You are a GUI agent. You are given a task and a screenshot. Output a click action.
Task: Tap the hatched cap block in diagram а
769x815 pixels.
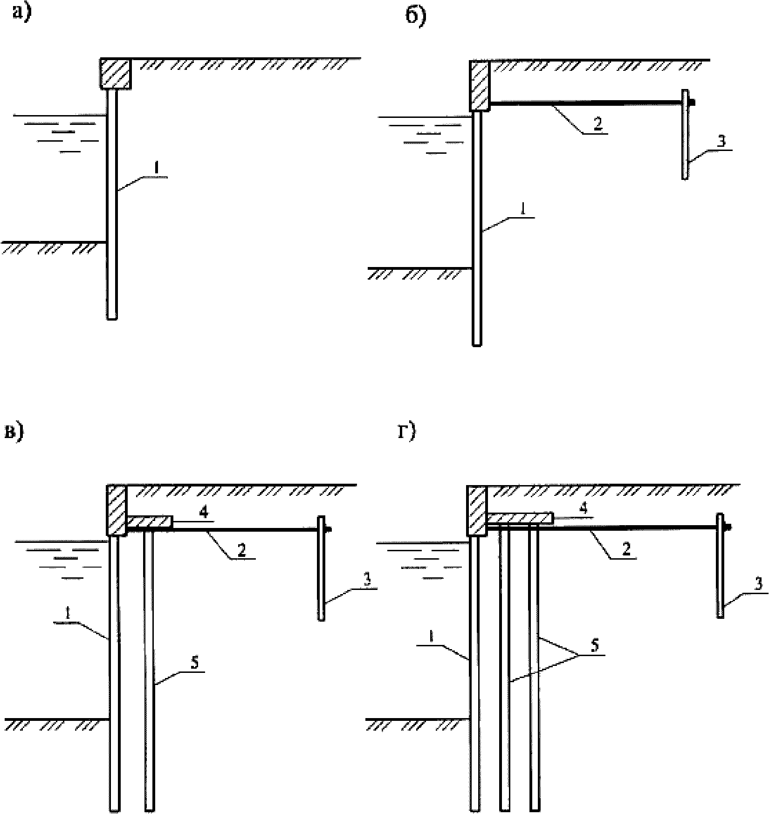pos(116,73)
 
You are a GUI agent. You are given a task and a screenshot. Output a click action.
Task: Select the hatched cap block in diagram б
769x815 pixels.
pos(480,86)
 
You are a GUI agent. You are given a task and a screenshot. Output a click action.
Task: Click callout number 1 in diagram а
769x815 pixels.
pos(157,170)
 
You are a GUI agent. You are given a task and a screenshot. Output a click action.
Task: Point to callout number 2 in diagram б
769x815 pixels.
pos(598,123)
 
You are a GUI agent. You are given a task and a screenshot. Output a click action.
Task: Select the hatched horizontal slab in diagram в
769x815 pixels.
pos(149,522)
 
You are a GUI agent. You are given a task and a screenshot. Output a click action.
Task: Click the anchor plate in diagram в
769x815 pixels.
pos(321,568)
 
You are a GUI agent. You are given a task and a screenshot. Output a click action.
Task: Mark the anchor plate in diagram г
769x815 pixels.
pos(720,566)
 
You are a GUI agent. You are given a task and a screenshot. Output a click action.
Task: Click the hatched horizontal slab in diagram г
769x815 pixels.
pos(520,518)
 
